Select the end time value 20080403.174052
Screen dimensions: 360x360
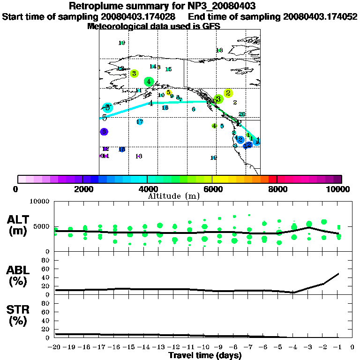(320, 16)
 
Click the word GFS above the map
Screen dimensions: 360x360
(211, 27)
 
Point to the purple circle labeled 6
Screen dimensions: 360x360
(104, 132)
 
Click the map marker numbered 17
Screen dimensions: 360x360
(140, 122)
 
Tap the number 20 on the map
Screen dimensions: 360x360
(242, 114)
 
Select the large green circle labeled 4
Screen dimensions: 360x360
(149, 82)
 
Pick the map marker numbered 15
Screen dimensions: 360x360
(168, 69)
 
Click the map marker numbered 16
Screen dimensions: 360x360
(165, 108)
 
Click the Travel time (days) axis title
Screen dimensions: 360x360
(205, 355)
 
